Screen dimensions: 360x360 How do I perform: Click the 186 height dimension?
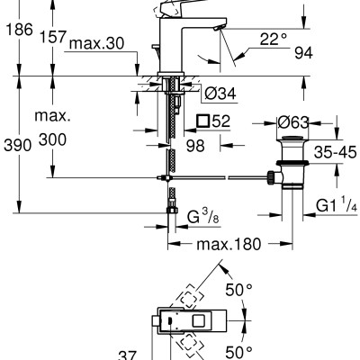[19, 30]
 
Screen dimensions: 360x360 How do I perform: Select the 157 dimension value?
[53, 37]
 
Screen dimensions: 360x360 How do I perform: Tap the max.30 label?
[96, 44]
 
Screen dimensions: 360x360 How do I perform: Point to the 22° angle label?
[274, 39]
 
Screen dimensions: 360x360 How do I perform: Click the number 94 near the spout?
[303, 53]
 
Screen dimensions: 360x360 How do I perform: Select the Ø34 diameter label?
[220, 94]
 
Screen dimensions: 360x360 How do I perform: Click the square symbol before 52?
[202, 121]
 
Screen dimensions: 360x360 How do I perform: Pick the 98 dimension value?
[195, 146]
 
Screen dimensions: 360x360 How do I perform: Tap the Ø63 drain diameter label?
[292, 122]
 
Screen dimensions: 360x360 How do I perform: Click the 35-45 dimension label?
[335, 153]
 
